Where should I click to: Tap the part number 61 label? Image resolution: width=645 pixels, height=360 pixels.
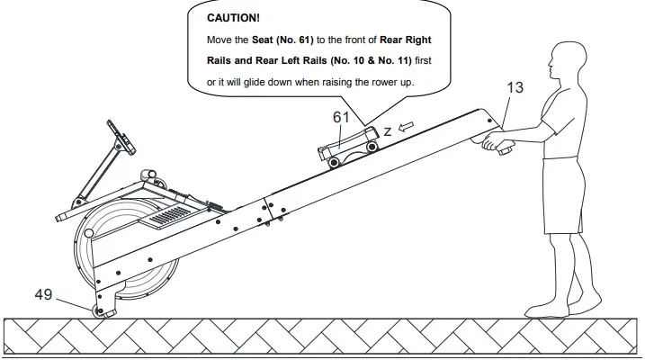341,118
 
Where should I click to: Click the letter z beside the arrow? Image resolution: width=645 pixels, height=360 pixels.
387,131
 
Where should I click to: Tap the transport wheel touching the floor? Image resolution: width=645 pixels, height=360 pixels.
101,311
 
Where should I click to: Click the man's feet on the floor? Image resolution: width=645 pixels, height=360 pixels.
561,310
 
